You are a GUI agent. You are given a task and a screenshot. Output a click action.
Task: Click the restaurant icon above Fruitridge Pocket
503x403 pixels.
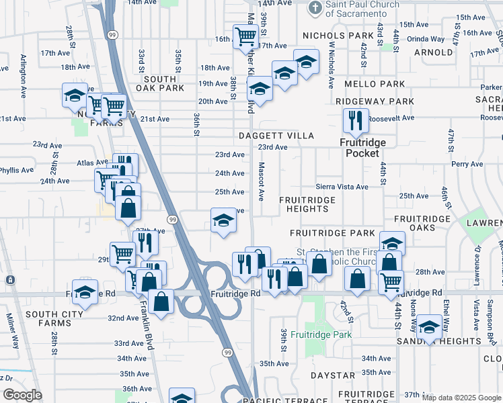click(353, 121)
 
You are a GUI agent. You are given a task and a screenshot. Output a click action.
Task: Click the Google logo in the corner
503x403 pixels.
click(22, 395)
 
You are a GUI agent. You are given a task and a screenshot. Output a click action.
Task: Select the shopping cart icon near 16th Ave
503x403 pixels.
click(245, 36)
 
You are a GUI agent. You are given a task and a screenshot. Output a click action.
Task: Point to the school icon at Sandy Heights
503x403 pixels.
click(429, 328)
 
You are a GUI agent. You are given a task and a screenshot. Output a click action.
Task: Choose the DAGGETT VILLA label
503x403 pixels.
click(276, 136)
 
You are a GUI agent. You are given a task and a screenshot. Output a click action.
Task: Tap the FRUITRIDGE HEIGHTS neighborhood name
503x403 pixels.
click(305, 204)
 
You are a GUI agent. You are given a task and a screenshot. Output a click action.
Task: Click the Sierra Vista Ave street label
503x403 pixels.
click(342, 187)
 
